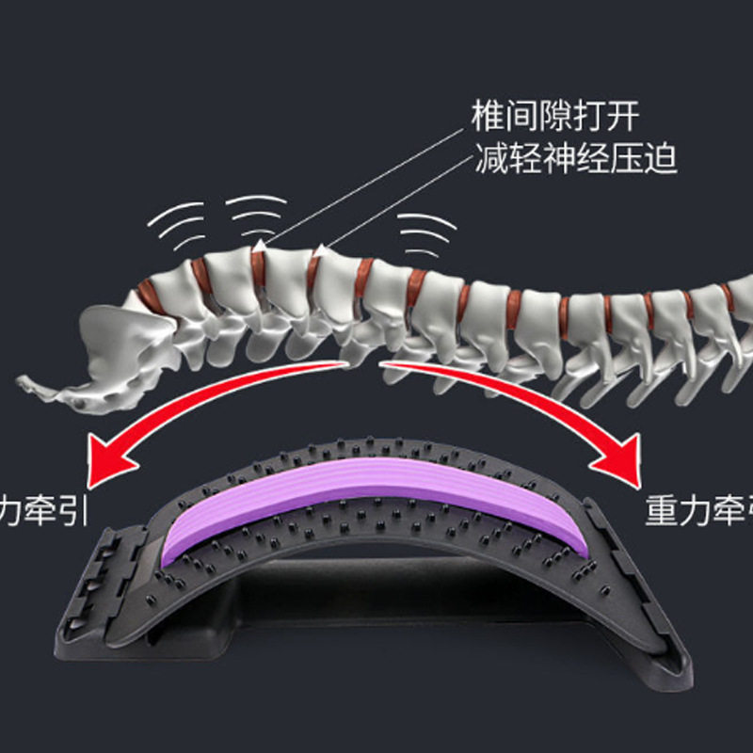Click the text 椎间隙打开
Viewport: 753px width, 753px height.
[556, 118]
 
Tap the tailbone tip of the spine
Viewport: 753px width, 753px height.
[28, 382]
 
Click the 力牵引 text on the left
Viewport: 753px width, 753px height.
[38, 513]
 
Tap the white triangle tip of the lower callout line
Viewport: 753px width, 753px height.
[322, 250]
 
